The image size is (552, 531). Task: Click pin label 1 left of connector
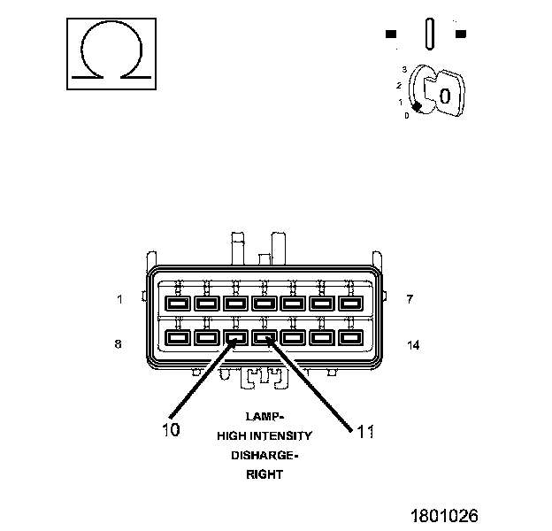(119, 299)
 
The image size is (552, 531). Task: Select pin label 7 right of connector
(410, 299)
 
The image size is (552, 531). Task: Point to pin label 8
(119, 344)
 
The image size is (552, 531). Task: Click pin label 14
(412, 344)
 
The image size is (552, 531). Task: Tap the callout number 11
(365, 431)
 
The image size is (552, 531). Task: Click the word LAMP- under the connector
(264, 415)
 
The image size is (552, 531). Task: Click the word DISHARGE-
(264, 455)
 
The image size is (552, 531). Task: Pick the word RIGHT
(264, 474)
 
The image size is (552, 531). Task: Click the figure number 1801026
(443, 514)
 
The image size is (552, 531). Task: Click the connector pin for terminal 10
(235, 337)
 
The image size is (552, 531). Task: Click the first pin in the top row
(178, 304)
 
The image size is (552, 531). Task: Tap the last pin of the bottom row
(350, 337)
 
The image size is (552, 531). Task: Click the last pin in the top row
(350, 304)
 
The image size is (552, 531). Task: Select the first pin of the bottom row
(178, 337)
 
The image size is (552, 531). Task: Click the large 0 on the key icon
(446, 95)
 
